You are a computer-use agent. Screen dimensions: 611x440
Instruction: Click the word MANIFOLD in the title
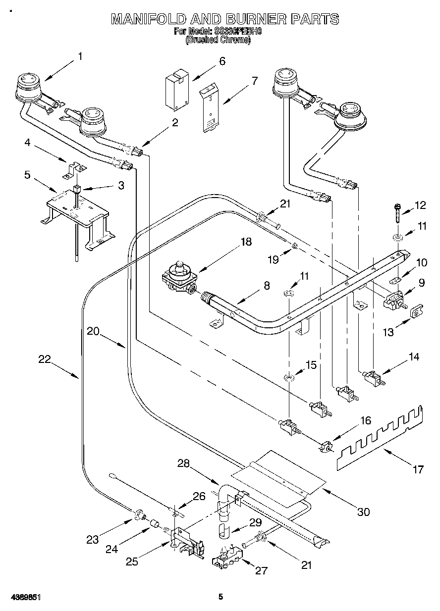click(149, 19)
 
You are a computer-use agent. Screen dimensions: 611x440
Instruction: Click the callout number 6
click(222, 61)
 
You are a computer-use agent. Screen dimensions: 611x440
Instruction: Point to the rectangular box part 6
click(177, 89)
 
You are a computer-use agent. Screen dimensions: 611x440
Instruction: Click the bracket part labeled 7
click(210, 109)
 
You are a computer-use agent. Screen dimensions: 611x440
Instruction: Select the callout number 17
click(418, 469)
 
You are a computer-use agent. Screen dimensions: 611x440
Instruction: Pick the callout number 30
click(363, 512)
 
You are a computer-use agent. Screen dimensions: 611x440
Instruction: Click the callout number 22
click(45, 360)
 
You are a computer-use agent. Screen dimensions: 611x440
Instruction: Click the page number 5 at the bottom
click(220, 597)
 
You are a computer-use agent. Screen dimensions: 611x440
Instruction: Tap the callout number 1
click(79, 56)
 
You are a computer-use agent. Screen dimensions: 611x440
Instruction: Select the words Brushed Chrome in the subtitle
click(218, 41)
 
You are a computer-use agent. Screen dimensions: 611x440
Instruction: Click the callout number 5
click(27, 175)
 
